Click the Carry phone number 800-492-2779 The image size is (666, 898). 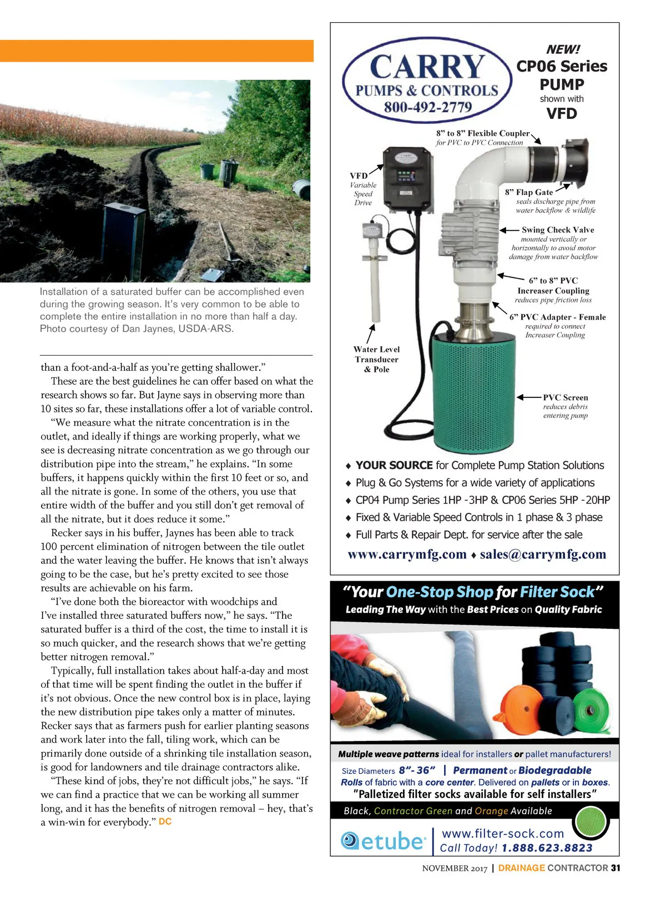click(x=427, y=107)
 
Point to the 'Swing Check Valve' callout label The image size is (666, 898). click(x=557, y=230)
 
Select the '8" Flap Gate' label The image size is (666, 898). click(x=529, y=192)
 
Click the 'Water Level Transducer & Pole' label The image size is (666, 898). click(x=376, y=359)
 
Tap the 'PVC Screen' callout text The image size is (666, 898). click(x=565, y=397)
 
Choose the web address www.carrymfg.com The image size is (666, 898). click(x=407, y=554)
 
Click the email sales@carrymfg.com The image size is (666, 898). click(x=543, y=554)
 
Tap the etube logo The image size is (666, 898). click(x=383, y=841)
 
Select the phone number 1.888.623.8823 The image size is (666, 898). click(x=547, y=848)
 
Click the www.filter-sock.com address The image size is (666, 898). click(x=502, y=834)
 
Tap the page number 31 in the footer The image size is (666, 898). click(x=615, y=868)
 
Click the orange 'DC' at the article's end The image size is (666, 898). click(x=165, y=821)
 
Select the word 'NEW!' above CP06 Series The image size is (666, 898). click(x=562, y=49)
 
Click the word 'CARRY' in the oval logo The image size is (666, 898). click(x=427, y=67)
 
